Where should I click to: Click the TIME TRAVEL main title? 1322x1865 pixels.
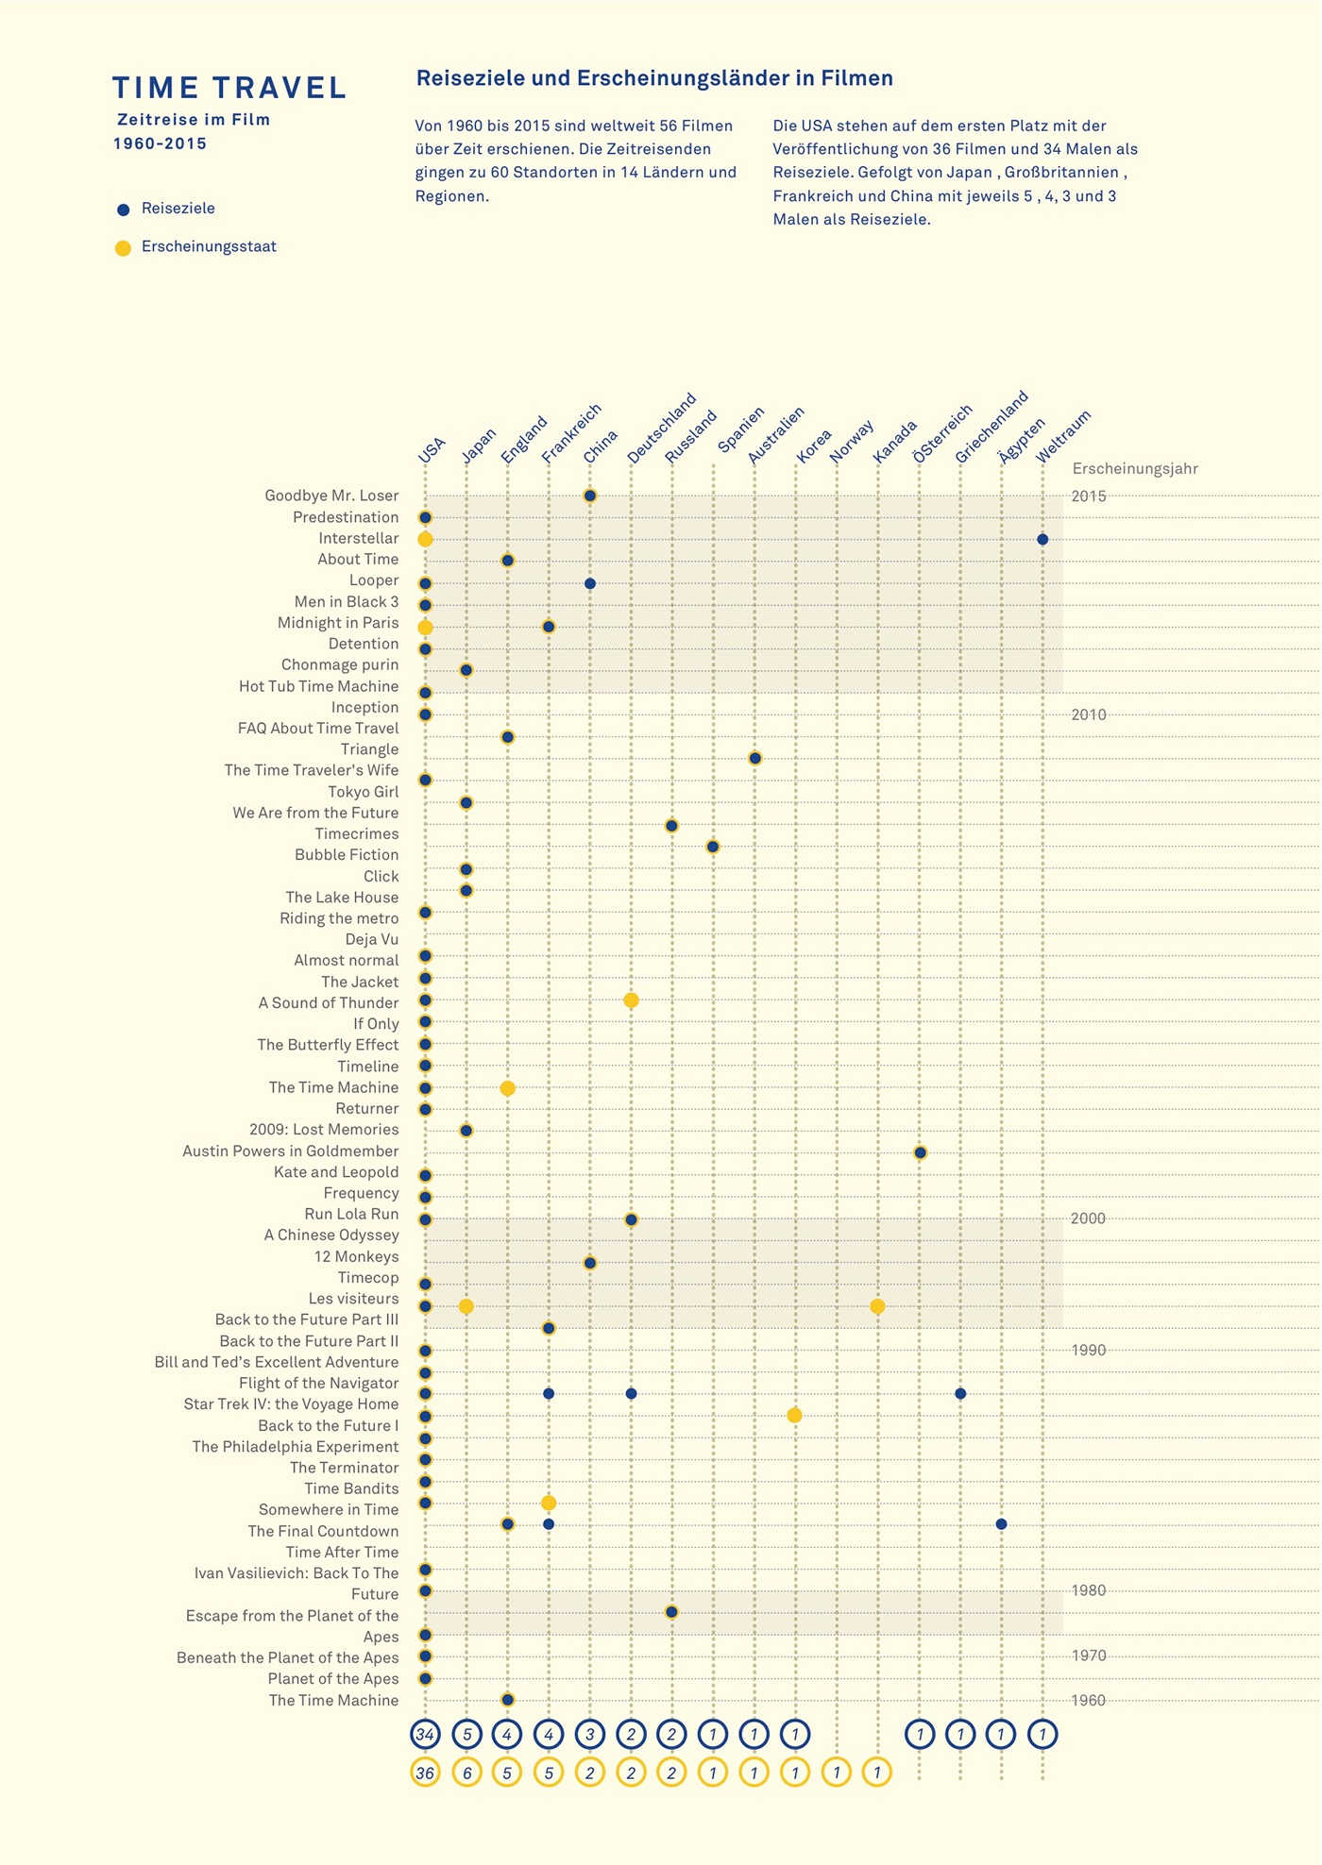point(229,88)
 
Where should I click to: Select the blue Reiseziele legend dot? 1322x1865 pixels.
point(123,210)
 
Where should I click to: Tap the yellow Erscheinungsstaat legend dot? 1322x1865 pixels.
point(123,248)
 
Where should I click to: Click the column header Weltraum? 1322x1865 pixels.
point(1063,436)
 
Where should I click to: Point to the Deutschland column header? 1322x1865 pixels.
point(661,428)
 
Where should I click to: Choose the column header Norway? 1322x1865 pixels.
point(852,442)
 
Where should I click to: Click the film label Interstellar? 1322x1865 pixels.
point(358,539)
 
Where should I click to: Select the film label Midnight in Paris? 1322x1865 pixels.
point(338,623)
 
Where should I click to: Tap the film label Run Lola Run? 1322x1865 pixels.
point(351,1215)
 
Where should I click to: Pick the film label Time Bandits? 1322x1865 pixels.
point(351,1489)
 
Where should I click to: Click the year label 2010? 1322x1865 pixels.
point(1089,715)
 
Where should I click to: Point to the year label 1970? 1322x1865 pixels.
point(1089,1656)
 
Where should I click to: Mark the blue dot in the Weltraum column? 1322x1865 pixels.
point(1042,540)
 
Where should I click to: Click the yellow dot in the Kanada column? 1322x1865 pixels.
point(877,1307)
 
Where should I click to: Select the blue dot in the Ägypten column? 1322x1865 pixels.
point(1001,1524)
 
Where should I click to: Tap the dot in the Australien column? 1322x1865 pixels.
point(754,758)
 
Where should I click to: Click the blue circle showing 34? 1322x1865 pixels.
point(425,1734)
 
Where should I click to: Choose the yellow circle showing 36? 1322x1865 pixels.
point(425,1773)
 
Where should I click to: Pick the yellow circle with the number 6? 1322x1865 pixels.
point(466,1773)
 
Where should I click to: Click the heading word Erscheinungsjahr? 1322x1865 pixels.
point(1135,469)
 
